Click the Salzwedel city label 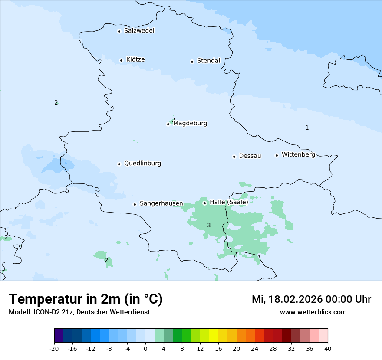139,31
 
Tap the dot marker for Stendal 192,62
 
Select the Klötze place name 135,60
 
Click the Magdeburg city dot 168,124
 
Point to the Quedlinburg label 142,164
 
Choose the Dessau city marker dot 234,157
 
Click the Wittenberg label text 298,155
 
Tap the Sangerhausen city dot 135,204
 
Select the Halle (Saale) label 229,202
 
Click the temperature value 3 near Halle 209,225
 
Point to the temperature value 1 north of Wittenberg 307,128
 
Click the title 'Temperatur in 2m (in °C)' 86,299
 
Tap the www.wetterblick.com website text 313,312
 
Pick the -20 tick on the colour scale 54,348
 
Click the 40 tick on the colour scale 327,348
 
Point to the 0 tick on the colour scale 145,348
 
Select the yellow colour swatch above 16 214,336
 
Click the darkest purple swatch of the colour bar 59,336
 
